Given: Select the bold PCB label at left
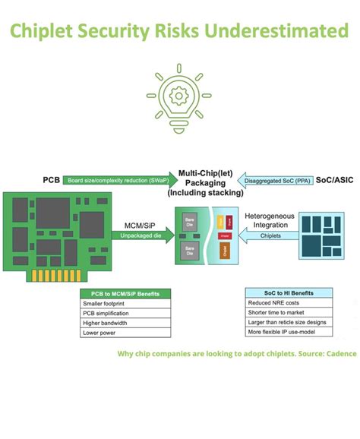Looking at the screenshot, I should point(51,180).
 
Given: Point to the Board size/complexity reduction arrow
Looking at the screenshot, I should point(118,181).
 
